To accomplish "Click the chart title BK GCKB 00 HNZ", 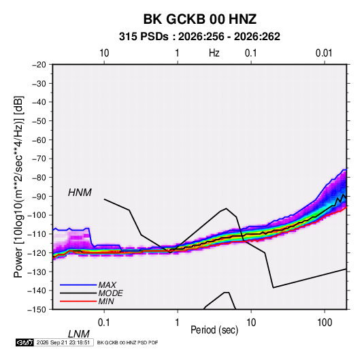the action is [x=200, y=19].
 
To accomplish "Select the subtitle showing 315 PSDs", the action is [x=199, y=37].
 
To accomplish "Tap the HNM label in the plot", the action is [x=80, y=193].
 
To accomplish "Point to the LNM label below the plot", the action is [x=79, y=334].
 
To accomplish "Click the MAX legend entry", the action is [x=107, y=285].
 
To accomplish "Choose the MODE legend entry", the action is [x=110, y=293].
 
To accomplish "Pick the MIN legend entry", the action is [x=106, y=301].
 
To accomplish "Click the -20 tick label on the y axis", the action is [x=39, y=65].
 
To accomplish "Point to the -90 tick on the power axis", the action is [x=39, y=196].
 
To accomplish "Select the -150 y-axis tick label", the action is [x=37, y=310].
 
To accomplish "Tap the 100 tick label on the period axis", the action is [x=325, y=323].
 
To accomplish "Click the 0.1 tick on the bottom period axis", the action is [x=104, y=323].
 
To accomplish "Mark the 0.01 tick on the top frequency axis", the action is [x=324, y=53].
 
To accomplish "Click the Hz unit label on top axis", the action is [x=214, y=53].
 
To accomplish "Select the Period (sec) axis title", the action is [x=214, y=330].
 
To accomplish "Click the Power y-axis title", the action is [x=18, y=186].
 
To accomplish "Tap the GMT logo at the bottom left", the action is [x=25, y=342].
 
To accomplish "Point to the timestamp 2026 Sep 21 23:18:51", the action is [x=63, y=342].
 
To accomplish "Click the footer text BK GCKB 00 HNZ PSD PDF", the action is [x=127, y=342].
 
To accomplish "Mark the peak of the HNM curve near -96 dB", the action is [x=226, y=208].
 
